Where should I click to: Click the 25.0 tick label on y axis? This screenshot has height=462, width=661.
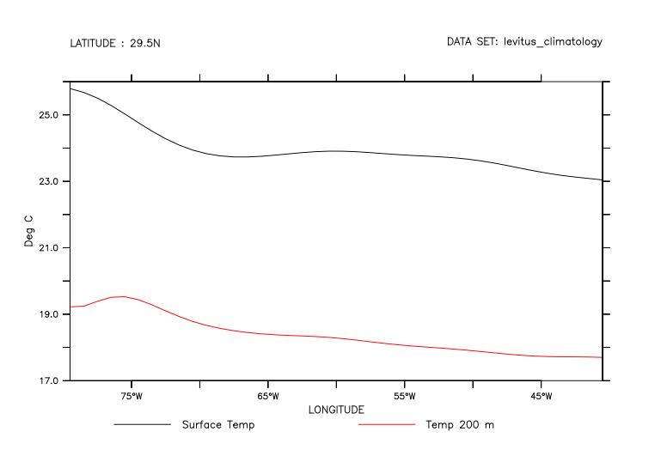[x=47, y=115]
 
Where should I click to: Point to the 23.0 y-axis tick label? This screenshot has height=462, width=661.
[x=47, y=182]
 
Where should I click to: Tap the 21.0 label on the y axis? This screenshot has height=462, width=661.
[x=47, y=248]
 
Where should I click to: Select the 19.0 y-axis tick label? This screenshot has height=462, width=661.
[x=47, y=314]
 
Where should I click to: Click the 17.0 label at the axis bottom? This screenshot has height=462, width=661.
[x=47, y=381]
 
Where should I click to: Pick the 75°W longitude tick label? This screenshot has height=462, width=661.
[x=132, y=396]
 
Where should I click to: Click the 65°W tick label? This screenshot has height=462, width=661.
[x=268, y=396]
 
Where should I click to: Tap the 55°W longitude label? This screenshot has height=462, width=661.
[x=405, y=396]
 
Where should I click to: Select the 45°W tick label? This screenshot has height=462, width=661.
[x=542, y=396]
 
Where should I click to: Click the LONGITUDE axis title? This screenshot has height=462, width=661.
[x=336, y=410]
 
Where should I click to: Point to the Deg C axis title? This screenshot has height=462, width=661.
[x=28, y=232]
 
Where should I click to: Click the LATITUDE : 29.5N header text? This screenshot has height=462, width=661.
[x=115, y=42]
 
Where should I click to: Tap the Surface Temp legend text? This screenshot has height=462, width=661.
[x=218, y=424]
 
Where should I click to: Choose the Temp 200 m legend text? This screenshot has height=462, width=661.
[x=460, y=424]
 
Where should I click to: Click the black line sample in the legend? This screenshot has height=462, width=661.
[x=142, y=424]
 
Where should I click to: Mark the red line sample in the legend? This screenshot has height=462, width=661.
[x=387, y=424]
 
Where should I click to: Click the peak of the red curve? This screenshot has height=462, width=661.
[x=123, y=296]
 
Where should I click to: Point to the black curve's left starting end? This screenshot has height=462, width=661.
[x=70, y=88]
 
